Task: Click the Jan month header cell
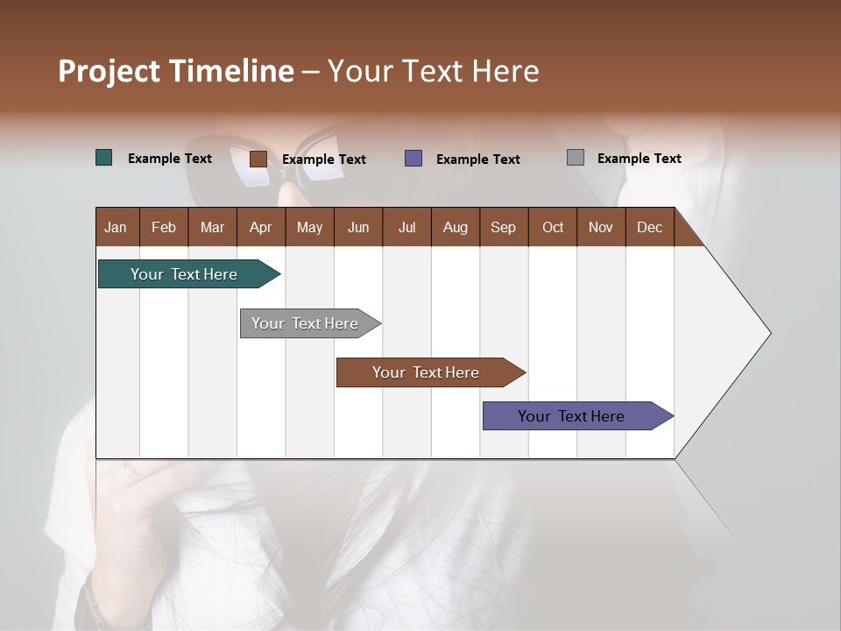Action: pos(117,227)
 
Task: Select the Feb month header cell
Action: pos(164,227)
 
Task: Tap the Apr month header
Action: pos(261,227)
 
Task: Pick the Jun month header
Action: pos(358,227)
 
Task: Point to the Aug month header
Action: pos(456,227)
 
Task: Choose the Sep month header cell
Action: pos(504,227)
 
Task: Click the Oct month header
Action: pos(553,227)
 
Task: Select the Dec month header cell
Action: pos(650,227)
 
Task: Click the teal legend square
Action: pos(104,158)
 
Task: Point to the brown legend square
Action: pos(258,159)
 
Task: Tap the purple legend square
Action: pos(413,159)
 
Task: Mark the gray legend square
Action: pos(576,158)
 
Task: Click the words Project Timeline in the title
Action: pos(176,71)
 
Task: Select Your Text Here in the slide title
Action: pos(434,71)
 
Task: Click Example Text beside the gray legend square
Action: pos(639,159)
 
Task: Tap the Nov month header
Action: pos(601,227)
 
